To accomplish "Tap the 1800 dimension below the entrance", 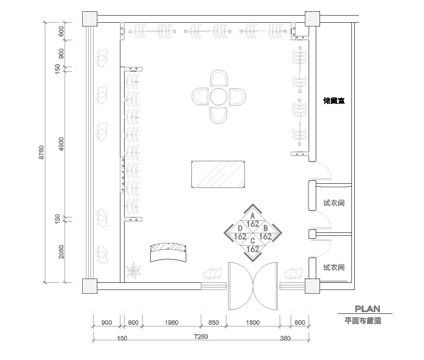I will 252,322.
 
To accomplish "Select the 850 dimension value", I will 213,322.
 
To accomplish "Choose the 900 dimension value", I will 107,322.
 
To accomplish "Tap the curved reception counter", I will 168,250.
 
